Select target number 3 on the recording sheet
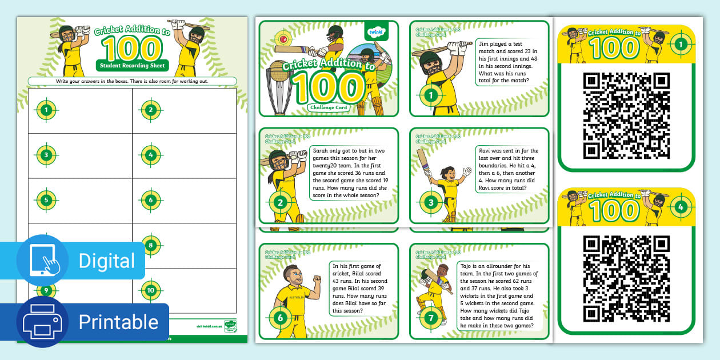[46, 155]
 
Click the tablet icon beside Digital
[43, 261]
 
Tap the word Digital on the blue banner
[107, 261]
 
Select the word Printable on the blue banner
[118, 322]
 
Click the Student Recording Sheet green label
[132, 66]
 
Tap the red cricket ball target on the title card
[282, 39]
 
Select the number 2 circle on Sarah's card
[280, 202]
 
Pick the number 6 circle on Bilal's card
[280, 317]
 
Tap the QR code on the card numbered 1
[626, 116]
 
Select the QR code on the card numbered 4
[626, 279]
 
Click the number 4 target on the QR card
[679, 207]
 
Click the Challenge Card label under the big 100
[329, 107]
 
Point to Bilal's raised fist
[317, 279]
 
